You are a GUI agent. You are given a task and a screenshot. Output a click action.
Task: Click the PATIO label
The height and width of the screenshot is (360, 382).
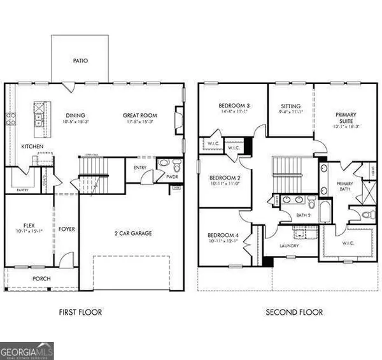pyautogui.click(x=80, y=61)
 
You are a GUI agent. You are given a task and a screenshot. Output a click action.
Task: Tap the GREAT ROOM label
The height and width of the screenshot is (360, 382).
pyautogui.click(x=140, y=116)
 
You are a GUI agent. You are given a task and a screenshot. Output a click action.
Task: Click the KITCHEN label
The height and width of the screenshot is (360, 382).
pyautogui.click(x=32, y=147)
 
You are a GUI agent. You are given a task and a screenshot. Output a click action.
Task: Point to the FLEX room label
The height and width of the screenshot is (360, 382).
pyautogui.click(x=28, y=226)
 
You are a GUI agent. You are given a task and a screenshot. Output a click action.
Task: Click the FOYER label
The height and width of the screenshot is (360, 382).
pyautogui.click(x=67, y=229)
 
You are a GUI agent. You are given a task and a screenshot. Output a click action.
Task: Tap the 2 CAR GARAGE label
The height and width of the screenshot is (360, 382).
pyautogui.click(x=132, y=234)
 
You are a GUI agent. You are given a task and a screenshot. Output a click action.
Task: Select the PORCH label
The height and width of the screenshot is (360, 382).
pyautogui.click(x=41, y=279)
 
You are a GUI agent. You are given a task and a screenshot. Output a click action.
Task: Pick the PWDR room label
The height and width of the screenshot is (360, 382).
pyautogui.click(x=171, y=176)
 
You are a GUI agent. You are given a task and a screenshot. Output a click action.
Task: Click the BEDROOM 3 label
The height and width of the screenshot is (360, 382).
pyautogui.click(x=233, y=106)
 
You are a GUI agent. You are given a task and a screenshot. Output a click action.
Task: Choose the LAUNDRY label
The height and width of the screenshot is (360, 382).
pyautogui.click(x=291, y=245)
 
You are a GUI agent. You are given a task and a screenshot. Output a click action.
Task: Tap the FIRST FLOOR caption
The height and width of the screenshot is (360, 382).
pyautogui.click(x=80, y=312)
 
